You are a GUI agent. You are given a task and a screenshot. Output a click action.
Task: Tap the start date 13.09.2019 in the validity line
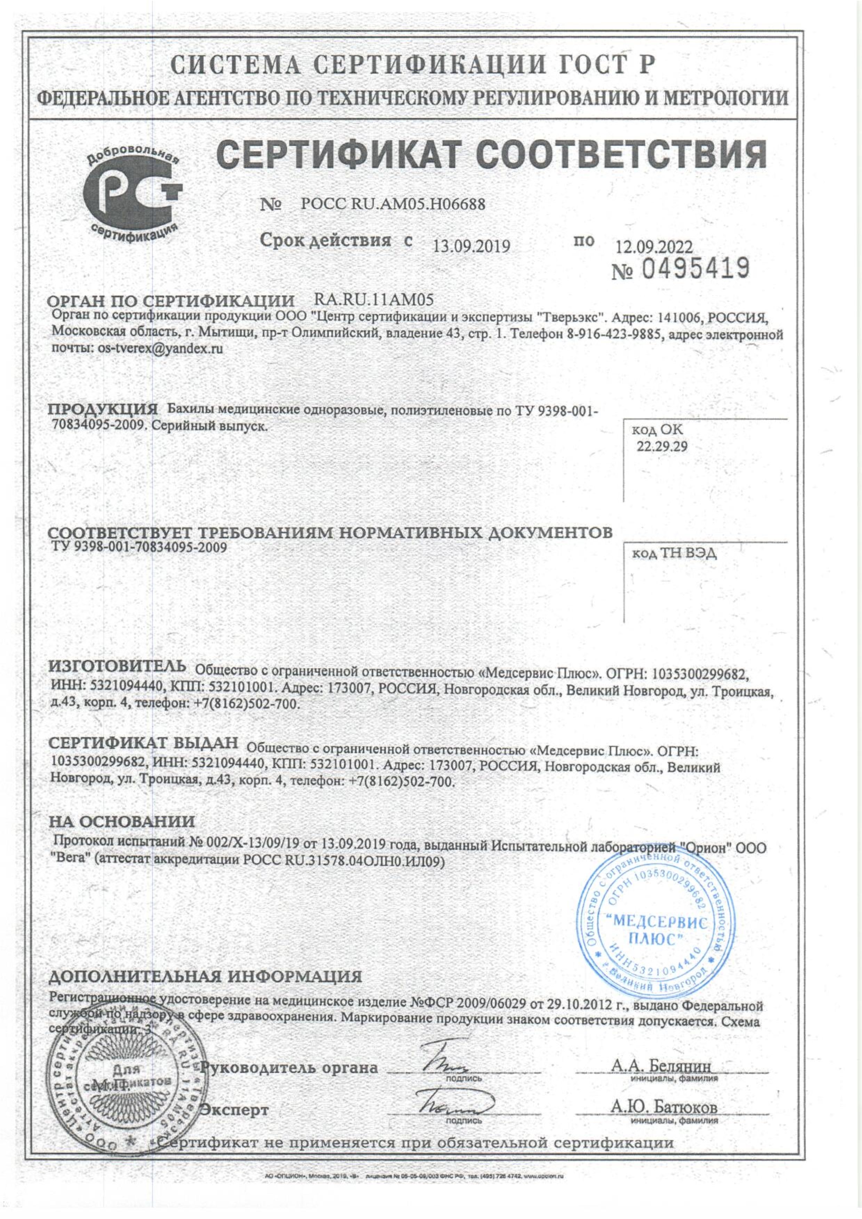(472, 246)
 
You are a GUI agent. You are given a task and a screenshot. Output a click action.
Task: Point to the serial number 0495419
(696, 269)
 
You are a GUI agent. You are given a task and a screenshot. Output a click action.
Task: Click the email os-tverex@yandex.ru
(158, 349)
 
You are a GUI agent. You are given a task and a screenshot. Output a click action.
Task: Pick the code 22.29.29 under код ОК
(661, 447)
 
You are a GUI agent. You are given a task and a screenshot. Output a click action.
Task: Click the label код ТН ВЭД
(674, 554)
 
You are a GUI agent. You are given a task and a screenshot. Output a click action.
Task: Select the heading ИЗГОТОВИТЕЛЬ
(118, 665)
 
